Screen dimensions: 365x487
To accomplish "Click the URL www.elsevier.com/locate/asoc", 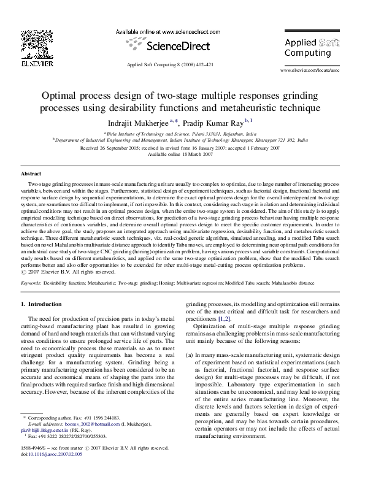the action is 308,71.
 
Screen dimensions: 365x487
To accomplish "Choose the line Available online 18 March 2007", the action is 183,154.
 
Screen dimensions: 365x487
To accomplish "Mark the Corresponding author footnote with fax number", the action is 75,434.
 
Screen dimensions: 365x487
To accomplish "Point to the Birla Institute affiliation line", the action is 183,132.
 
